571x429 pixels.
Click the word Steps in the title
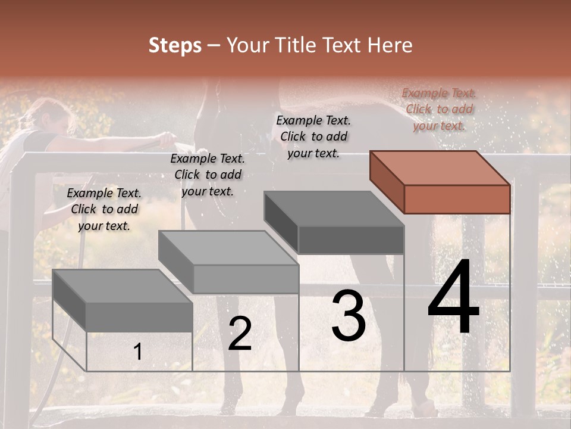(x=175, y=45)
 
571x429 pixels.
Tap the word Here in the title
(x=390, y=45)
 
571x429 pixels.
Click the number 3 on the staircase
(x=349, y=316)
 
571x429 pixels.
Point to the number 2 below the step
(x=240, y=334)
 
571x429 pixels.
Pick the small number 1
(x=137, y=352)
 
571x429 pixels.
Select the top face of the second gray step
(x=228, y=248)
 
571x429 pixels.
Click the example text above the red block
(x=439, y=109)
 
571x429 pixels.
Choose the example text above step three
(x=313, y=136)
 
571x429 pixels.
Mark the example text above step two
(x=208, y=175)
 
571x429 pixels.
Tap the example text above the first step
(x=104, y=209)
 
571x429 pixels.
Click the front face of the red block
(x=457, y=199)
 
